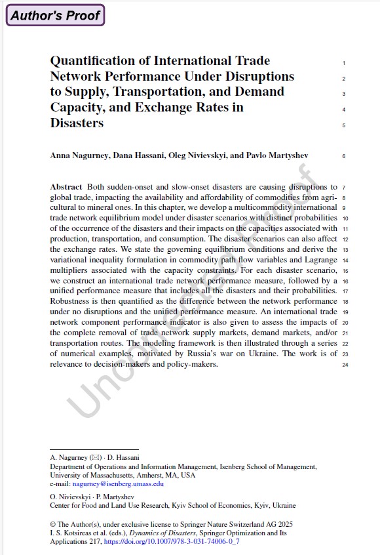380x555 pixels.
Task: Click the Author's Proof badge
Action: pos(55,15)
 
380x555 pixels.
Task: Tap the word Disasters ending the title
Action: pos(77,123)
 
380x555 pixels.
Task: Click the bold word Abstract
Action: pos(66,187)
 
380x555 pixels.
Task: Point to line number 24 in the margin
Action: pos(345,365)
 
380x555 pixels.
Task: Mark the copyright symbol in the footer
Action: pos(53,524)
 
